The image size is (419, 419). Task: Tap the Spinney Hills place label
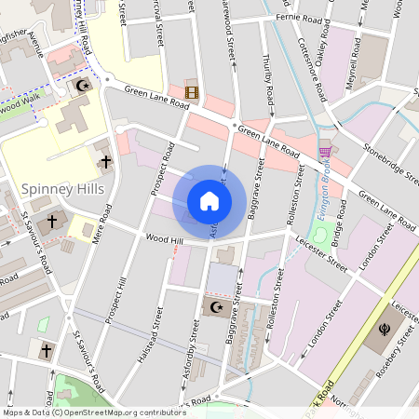pyautogui.click(x=61, y=189)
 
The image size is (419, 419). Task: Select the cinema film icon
pyautogui.click(x=192, y=91)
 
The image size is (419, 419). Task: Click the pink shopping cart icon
pyautogui.click(x=325, y=152)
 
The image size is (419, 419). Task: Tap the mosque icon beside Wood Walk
pyautogui.click(x=83, y=87)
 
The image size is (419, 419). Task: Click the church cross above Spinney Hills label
pyautogui.click(x=105, y=162)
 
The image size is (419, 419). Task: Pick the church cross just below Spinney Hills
pyautogui.click(x=51, y=223)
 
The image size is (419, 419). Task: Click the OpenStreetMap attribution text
pyautogui.click(x=93, y=411)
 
